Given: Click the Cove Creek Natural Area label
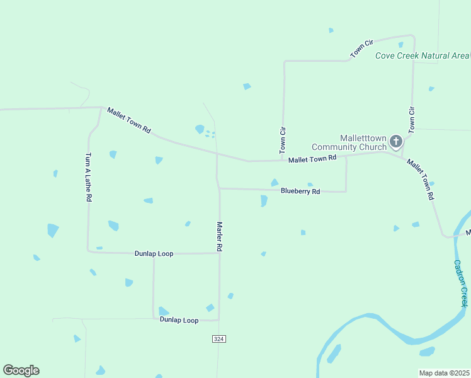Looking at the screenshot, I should point(422,55).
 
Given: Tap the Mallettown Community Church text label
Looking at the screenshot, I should point(363,142).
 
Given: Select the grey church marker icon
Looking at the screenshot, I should point(396,141).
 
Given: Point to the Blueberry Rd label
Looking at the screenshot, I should point(300,191).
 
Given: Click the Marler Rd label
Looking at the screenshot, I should point(220,237).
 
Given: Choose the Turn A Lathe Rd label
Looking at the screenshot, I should point(89,176).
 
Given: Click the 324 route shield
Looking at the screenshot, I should point(218,339).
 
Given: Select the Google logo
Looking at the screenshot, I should point(21,370).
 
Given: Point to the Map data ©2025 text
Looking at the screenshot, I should point(444,373).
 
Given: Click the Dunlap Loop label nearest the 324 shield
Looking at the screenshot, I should point(179,320).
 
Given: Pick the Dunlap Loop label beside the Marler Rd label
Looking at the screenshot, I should point(154,253).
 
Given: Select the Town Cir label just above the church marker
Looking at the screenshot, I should point(412,120).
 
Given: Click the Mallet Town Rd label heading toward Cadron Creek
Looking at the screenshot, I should point(421,179).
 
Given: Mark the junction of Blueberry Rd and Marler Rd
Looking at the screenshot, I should point(218,188).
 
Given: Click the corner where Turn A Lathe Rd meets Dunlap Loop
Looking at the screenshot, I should point(88,251).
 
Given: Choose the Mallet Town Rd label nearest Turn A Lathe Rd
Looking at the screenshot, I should point(129,120).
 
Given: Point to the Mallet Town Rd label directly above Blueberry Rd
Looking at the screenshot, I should point(312,159).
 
